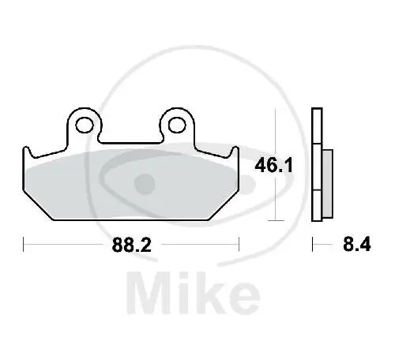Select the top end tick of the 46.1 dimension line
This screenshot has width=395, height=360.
[274, 111]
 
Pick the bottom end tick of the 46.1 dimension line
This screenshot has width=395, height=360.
[274, 219]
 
